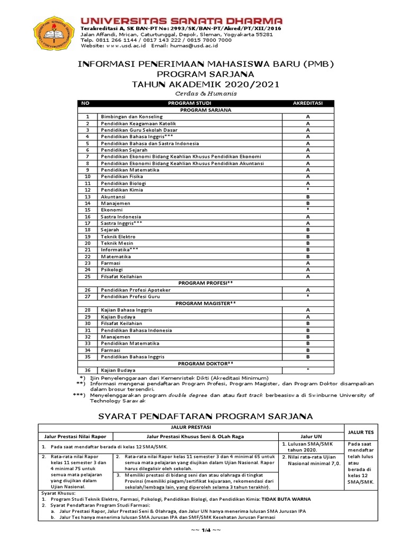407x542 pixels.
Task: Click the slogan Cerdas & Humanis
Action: pyautogui.click(x=205, y=93)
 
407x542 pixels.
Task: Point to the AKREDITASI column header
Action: pyautogui.click(x=307, y=103)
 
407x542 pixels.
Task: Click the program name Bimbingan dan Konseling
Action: pyautogui.click(x=131, y=116)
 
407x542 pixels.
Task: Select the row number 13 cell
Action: pyautogui.click(x=88, y=196)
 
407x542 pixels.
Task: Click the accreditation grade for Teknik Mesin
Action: pyautogui.click(x=307, y=243)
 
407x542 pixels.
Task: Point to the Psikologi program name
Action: pyautogui.click(x=113, y=269)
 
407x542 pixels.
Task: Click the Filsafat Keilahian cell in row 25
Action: pyautogui.click(x=122, y=276)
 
